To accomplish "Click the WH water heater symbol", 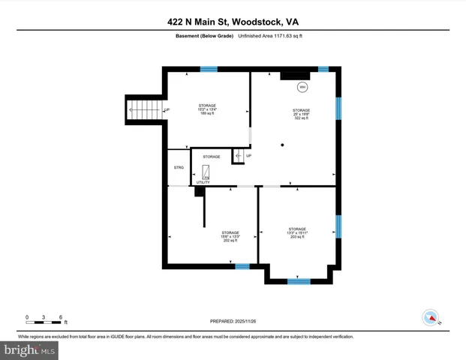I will tap(303, 87).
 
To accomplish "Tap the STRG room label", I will tap(179, 167).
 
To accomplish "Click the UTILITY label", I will tap(203, 182).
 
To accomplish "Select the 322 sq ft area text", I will tap(301, 118).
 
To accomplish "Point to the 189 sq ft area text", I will tap(207, 114).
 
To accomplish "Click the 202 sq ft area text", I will tap(230, 241).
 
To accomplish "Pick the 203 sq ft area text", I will tap(298, 237).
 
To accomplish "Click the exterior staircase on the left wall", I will tap(144, 110).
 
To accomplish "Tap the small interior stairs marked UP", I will tap(238, 156).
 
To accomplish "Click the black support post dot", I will tap(282, 144).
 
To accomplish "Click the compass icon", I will tap(431, 318).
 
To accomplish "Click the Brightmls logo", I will tap(30, 349).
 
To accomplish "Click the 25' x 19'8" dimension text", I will tap(301, 114).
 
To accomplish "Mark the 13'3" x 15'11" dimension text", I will tap(298, 232).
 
